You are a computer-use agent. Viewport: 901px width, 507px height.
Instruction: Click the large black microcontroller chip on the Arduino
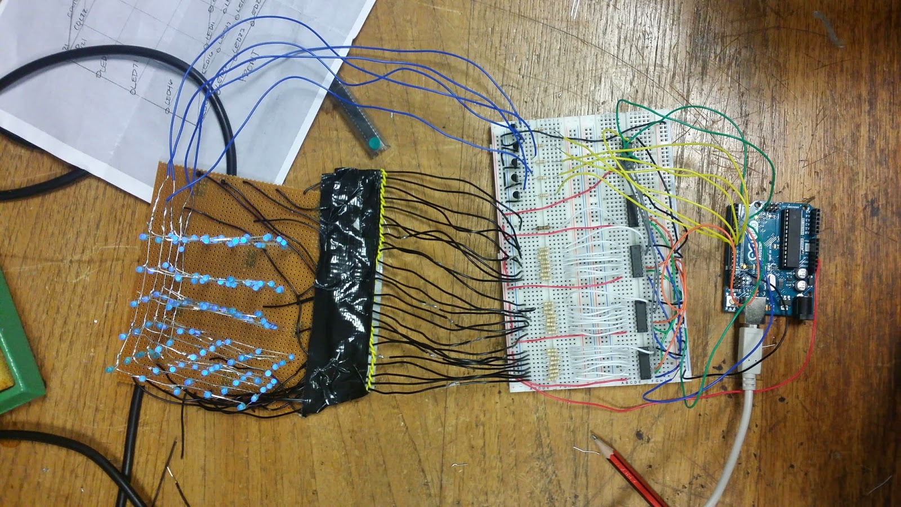coord(791,237)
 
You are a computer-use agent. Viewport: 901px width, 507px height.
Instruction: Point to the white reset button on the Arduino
coord(730,303)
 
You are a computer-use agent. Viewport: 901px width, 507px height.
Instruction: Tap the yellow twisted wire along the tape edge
coord(378,282)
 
